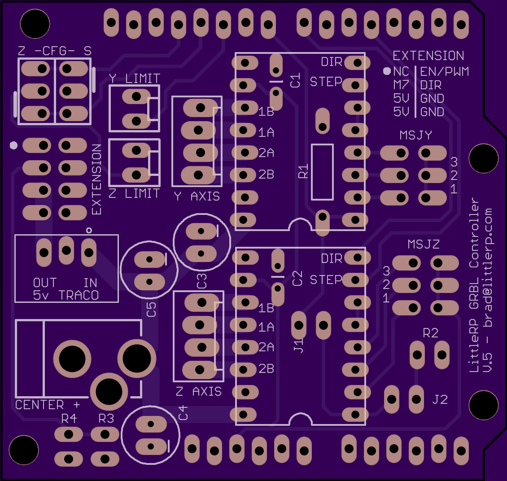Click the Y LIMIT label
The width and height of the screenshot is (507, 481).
134,79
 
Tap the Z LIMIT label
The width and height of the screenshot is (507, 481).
134,193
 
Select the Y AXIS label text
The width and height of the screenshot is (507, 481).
197,196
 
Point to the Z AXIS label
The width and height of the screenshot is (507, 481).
199,392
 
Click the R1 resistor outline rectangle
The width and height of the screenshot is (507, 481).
322,172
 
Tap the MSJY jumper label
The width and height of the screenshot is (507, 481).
415,135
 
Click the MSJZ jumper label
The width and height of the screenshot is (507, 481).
423,245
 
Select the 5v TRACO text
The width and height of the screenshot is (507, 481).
66,295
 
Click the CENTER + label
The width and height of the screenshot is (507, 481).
48,405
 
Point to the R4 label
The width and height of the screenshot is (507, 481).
69,419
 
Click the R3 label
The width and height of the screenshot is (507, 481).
106,419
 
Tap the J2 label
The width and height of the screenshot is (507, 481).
440,399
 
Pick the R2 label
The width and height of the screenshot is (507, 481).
430,333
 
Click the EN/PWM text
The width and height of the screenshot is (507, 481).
444,71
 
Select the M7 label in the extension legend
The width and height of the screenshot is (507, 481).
401,85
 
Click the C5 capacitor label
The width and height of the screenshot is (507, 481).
152,309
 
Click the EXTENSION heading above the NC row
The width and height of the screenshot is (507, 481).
428,56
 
